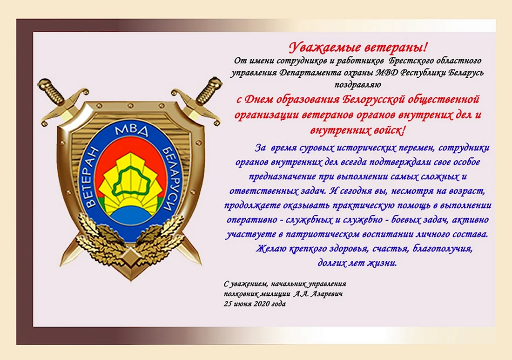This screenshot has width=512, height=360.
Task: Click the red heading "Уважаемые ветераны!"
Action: coord(358,48)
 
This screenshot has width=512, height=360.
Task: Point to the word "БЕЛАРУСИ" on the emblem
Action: coord(170,178)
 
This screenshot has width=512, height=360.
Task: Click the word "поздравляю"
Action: coord(357,85)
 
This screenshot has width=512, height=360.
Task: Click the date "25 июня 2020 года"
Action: coord(255,304)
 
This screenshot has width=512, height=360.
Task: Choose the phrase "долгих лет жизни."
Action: coord(357,263)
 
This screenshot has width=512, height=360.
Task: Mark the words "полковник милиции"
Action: coord(257,294)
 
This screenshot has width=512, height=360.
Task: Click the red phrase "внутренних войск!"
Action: coord(358,131)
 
